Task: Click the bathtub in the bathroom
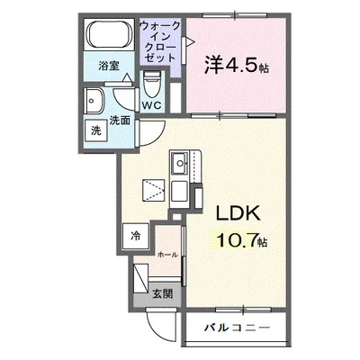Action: [110, 34]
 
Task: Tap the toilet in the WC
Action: [151, 84]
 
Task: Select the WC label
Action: [152, 105]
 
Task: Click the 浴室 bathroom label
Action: [109, 66]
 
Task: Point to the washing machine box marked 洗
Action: [96, 130]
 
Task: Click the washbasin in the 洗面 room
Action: [94, 101]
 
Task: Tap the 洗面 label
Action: [120, 121]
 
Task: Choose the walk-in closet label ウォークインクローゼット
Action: [160, 41]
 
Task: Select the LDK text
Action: [238, 213]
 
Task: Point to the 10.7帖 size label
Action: [242, 239]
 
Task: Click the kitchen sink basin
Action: [179, 163]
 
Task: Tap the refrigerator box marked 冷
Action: [136, 237]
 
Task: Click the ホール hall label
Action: [167, 255]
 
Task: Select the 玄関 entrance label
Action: [162, 294]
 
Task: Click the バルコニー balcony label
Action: [237, 328]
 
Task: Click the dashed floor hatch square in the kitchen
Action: [154, 190]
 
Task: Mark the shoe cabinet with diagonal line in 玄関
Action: [140, 278]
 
